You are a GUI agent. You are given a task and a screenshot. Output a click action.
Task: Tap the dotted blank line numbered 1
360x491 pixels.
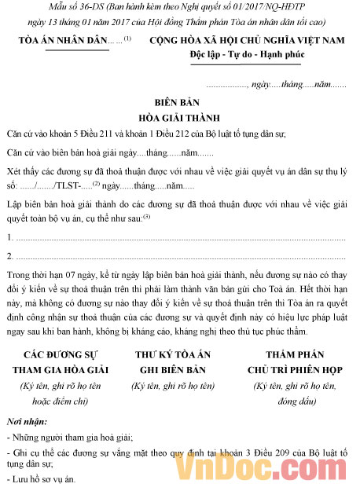pos(180,237)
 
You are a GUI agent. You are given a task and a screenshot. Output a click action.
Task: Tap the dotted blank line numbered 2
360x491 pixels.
pos(180,256)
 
